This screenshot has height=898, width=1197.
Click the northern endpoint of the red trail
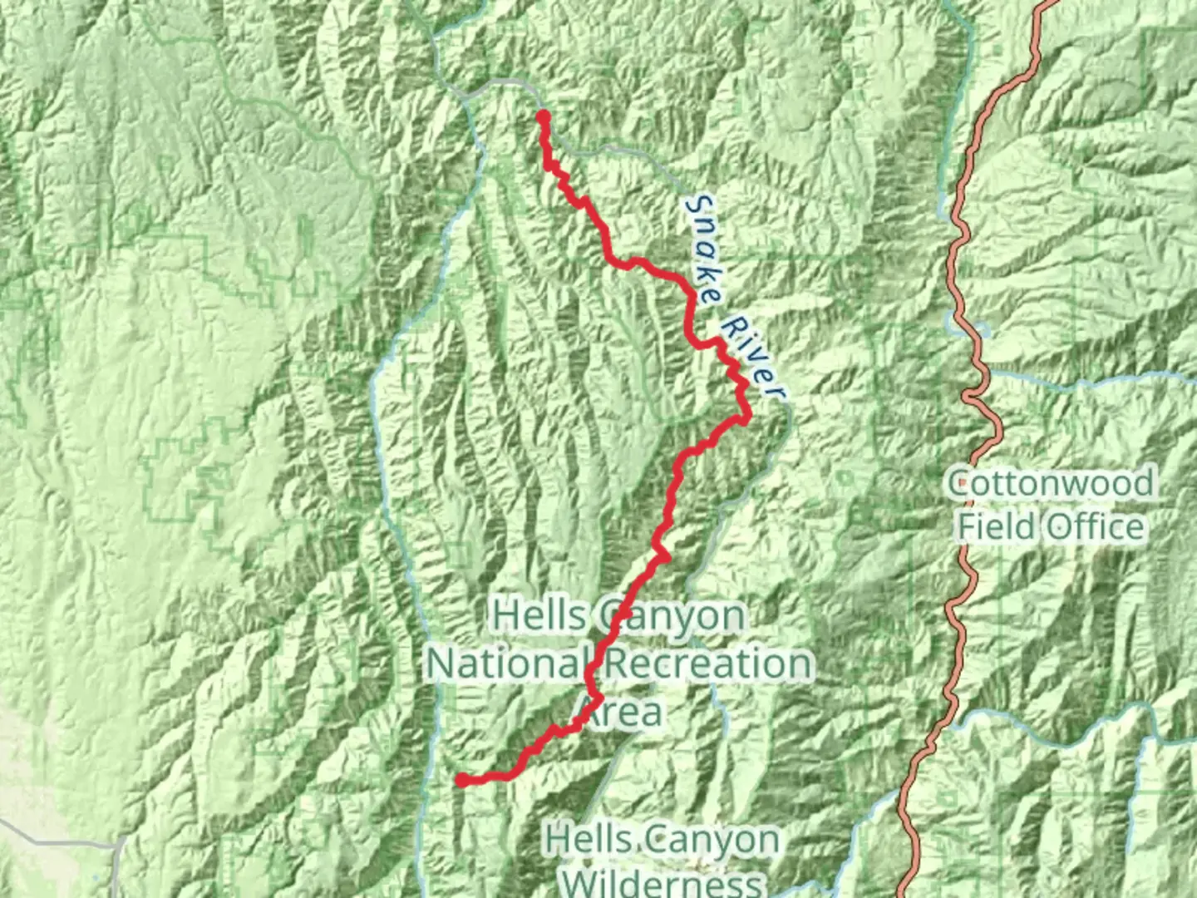[x=543, y=116]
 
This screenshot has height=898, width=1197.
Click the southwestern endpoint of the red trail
[x=461, y=780]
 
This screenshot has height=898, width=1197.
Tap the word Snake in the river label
[x=703, y=250]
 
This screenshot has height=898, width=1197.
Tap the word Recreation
[x=708, y=664]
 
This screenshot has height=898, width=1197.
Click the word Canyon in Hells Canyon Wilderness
[x=718, y=840]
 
